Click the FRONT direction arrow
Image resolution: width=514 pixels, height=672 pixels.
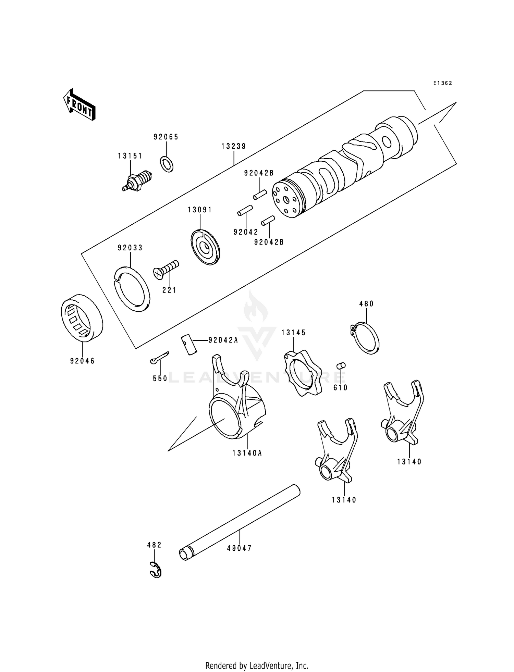pyautogui.click(x=79, y=104)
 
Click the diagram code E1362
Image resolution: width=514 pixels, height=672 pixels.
pyautogui.click(x=442, y=83)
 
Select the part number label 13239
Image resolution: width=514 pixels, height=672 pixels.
pyautogui.click(x=233, y=146)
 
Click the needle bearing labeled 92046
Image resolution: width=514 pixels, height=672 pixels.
pyautogui.click(x=82, y=318)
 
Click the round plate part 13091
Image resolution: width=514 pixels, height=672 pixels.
pyautogui.click(x=205, y=247)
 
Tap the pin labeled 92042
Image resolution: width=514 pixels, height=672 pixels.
pyautogui.click(x=245, y=211)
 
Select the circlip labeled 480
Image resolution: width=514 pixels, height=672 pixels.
pyautogui.click(x=366, y=338)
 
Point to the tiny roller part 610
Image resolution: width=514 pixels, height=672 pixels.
pyautogui.click(x=341, y=365)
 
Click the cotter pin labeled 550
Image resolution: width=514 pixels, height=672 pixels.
pyautogui.click(x=159, y=357)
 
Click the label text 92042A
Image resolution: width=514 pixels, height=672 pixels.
pyautogui.click(x=223, y=340)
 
